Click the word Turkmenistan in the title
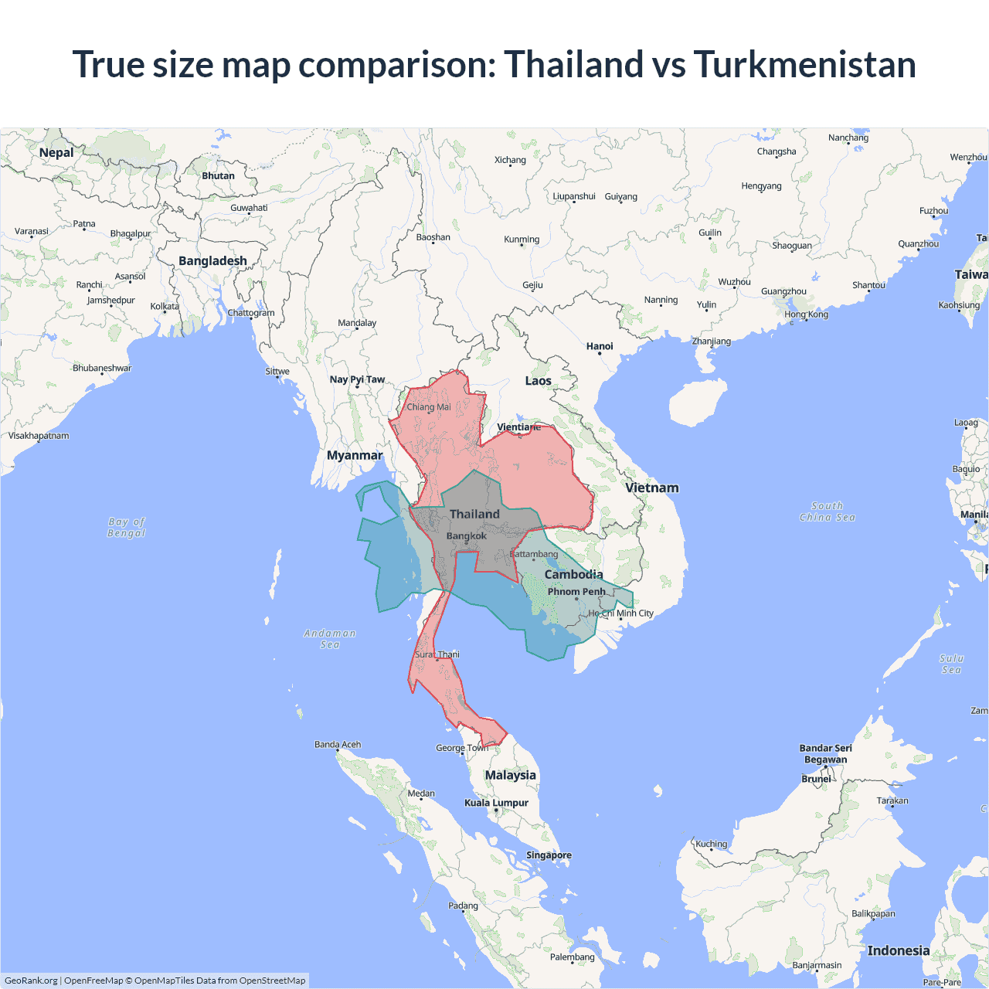point(804,64)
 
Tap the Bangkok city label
point(467,535)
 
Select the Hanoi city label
point(600,346)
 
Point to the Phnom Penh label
point(576,591)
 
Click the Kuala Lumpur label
point(496,803)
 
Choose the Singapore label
point(549,855)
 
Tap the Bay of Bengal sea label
point(127,527)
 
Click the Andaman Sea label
point(330,638)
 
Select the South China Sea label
point(828,511)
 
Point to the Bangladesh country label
point(212,260)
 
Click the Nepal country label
point(56,152)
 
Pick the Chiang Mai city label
point(429,406)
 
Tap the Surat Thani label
point(437,654)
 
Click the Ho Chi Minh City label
point(621,613)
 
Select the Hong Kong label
point(806,314)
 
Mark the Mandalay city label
point(357,323)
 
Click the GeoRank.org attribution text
point(31,981)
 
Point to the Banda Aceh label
point(338,745)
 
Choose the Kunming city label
point(522,240)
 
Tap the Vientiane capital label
point(518,427)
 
